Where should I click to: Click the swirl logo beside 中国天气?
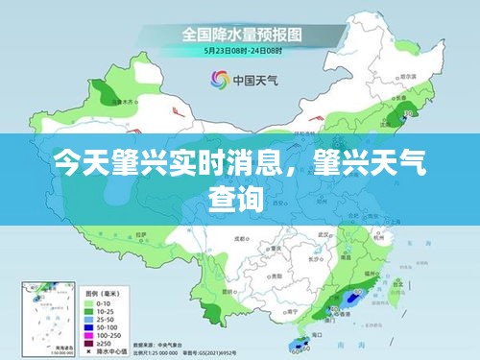pyautogui.click(x=216, y=80)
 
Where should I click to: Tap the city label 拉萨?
pyautogui.click(x=141, y=234)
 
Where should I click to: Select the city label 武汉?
pyautogui.click(x=324, y=233)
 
